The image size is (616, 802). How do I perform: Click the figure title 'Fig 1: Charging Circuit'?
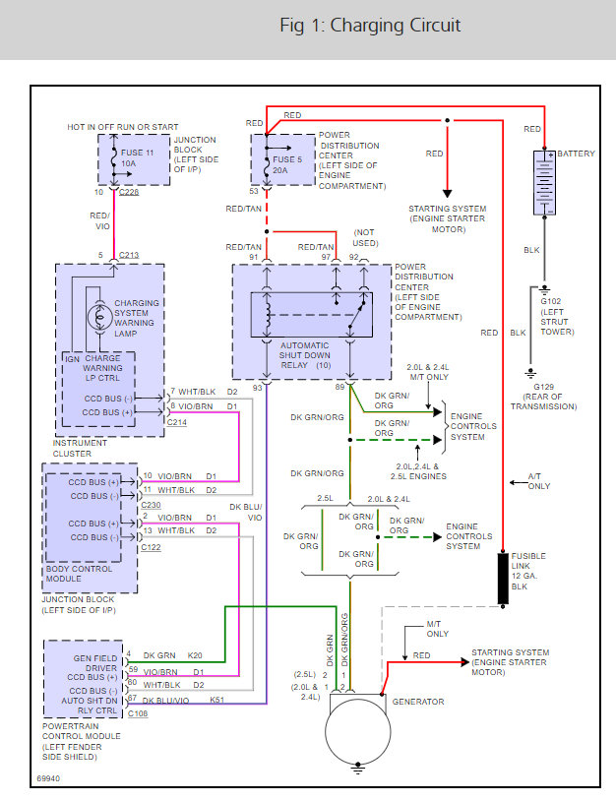point(370,26)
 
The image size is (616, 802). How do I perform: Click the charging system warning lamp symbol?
point(99,317)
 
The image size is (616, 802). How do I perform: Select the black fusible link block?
point(504,578)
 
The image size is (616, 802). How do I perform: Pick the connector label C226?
point(129,194)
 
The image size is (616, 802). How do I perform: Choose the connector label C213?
point(129,257)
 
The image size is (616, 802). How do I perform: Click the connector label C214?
point(176,422)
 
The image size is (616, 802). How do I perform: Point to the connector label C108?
point(139,713)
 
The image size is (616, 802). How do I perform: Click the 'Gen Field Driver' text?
point(95,661)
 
